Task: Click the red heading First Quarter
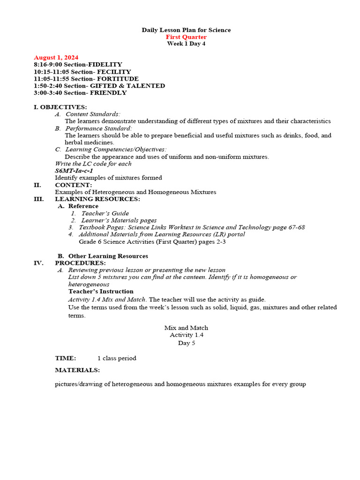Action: (186, 37)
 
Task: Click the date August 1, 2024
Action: (56, 57)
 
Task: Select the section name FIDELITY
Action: (105, 64)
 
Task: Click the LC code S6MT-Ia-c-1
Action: (74, 171)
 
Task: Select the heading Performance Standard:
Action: (98, 128)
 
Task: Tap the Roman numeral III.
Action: (38, 199)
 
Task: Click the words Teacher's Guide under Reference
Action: (105, 213)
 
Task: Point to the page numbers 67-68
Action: (295, 227)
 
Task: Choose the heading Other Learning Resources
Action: (108, 256)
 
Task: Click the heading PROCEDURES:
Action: (80, 263)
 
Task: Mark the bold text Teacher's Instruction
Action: (101, 291)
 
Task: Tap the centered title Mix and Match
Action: (186, 328)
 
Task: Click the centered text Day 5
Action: (186, 343)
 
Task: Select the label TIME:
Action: (65, 358)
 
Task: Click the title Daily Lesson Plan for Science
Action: (186, 30)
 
